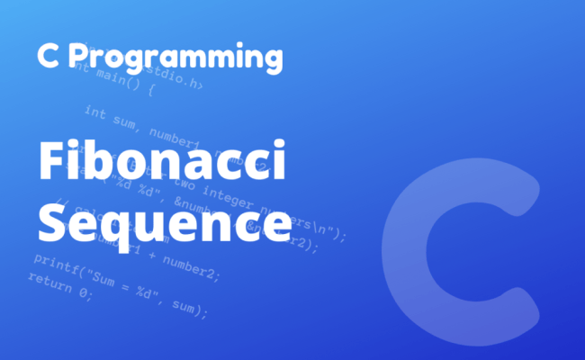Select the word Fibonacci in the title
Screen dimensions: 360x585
click(x=161, y=166)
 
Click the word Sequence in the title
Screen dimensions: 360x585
click(x=164, y=219)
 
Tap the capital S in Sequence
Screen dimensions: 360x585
click(x=53, y=219)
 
